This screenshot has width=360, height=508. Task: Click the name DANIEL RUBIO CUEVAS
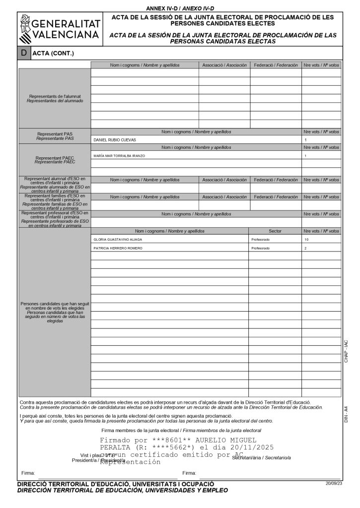[x=115, y=140]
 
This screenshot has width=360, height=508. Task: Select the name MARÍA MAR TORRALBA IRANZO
[x=119, y=156]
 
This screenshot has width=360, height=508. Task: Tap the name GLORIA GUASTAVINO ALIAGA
[x=118, y=239]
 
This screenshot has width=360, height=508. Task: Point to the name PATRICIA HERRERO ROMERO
[x=118, y=248]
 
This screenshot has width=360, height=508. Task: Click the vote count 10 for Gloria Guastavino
[x=306, y=239]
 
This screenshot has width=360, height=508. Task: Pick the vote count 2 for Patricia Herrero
[x=305, y=248]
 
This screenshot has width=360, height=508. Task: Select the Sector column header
[x=275, y=231]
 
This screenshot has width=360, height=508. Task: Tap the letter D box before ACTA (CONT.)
[x=23, y=53]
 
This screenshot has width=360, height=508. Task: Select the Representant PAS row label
[x=55, y=136]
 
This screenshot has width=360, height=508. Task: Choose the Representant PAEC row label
[x=55, y=160]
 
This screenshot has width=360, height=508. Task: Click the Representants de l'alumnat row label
[x=55, y=98]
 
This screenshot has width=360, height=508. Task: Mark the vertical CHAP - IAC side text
[x=346, y=351]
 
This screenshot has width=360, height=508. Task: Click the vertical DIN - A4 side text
[x=346, y=414]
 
